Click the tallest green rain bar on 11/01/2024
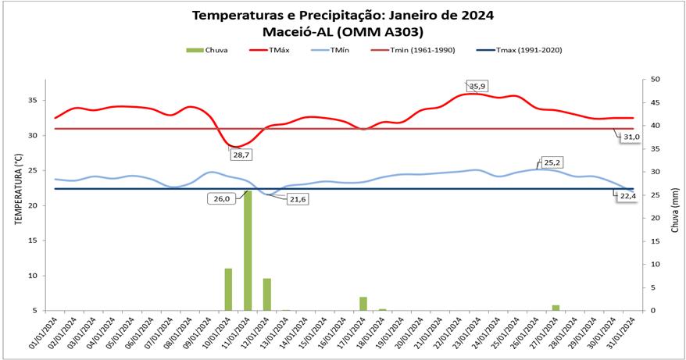[248, 250]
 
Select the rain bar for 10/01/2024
[229, 289]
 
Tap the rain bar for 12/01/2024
[267, 294]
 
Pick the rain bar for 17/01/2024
[363, 303]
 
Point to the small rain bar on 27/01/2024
[556, 308]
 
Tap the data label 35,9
[477, 85]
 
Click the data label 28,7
[241, 155]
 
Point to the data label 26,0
[222, 198]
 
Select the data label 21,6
[297, 199]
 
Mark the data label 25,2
[552, 162]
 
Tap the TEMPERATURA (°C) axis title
[17, 195]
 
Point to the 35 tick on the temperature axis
[34, 100]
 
